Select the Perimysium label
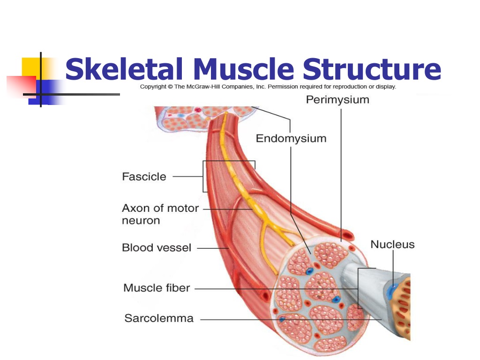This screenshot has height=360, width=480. click(x=337, y=100)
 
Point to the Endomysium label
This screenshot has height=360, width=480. click(x=291, y=138)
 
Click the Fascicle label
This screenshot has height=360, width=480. click(x=144, y=177)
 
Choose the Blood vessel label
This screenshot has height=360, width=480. click(x=157, y=247)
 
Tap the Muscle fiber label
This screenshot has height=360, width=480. click(x=157, y=288)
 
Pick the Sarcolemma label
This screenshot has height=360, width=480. click(x=159, y=318)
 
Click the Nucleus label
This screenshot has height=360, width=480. click(x=392, y=244)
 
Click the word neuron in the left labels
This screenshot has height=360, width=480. click(x=141, y=220)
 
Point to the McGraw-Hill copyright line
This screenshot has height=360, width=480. click(x=268, y=87)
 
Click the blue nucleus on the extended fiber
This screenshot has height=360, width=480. click(x=391, y=290)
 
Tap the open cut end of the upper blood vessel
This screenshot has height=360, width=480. click(x=347, y=236)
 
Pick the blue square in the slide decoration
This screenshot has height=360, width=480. click(x=46, y=92)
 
